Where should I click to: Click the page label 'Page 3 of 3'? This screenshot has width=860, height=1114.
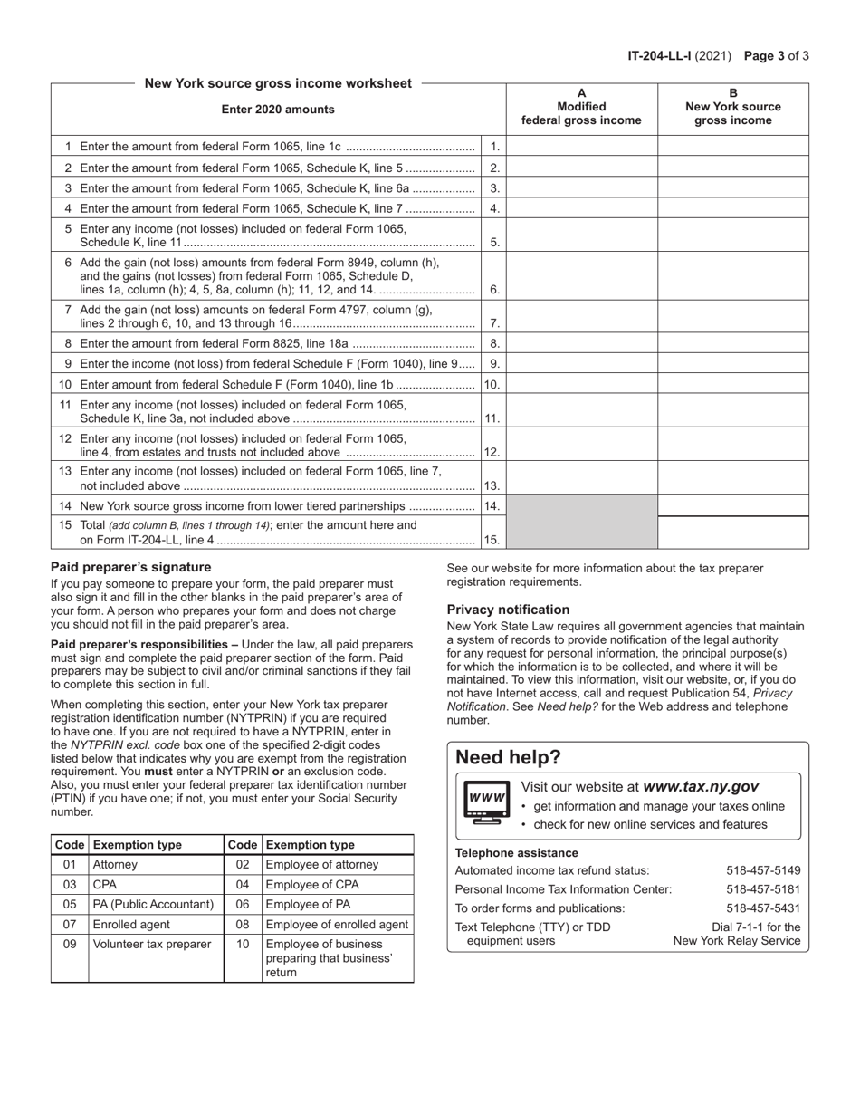point(776,55)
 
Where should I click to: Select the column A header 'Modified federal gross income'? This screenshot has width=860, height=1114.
point(581,107)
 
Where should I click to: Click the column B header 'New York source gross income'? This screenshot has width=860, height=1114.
point(732,107)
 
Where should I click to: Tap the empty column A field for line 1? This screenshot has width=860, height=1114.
point(581,146)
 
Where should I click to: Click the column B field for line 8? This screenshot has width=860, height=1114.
point(732,343)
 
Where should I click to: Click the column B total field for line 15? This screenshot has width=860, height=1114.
point(732,533)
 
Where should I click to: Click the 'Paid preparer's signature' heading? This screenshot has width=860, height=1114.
point(130,567)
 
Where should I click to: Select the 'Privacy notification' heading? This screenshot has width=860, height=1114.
point(508,610)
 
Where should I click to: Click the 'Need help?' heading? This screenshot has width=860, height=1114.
point(508,757)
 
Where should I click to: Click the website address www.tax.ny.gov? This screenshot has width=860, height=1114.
point(700,787)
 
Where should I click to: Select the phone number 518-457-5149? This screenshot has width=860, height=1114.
point(763,870)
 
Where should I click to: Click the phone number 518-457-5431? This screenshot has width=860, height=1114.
point(763,908)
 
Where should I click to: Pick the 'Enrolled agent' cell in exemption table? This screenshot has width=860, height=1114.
point(131,924)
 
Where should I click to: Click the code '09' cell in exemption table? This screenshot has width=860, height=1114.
point(70,944)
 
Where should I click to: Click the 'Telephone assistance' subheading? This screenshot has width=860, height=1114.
point(516,852)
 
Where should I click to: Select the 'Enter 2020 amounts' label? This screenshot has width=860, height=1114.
point(278,110)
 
